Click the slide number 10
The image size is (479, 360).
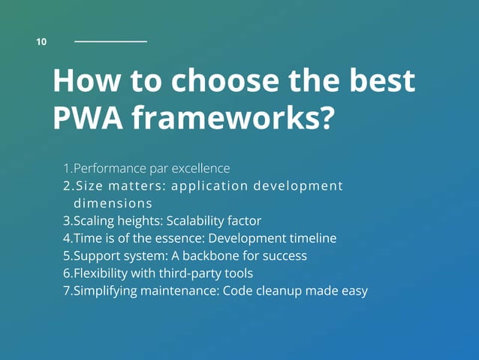[41, 42]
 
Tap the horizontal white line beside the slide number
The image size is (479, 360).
[110, 41]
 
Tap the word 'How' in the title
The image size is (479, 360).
[83, 81]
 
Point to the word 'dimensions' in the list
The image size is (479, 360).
[113, 203]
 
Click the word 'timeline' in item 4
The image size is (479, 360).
[312, 238]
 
